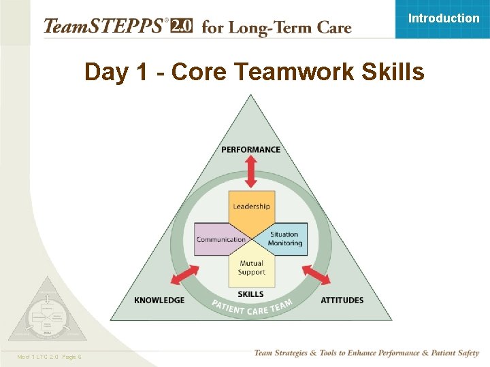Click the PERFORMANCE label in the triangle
click(250, 150)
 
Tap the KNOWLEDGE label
click(159, 300)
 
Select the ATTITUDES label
click(342, 300)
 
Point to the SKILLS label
click(251, 294)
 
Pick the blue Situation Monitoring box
click(284, 239)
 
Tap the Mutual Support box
click(251, 268)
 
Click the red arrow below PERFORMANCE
click(251, 171)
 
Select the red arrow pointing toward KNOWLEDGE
click(184, 275)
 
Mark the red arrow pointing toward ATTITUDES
click(316, 275)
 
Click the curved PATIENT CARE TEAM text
click(251, 307)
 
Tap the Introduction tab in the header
click(443, 18)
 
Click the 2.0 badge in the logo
click(181, 27)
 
